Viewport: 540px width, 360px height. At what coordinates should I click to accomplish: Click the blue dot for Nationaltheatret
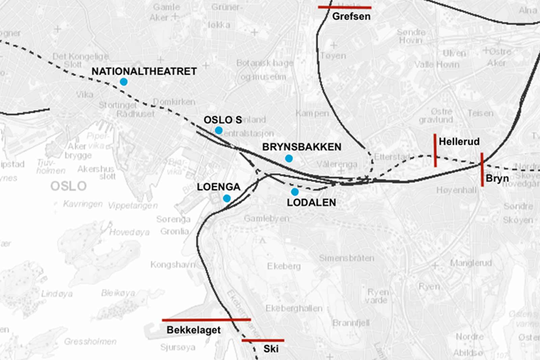[x=124, y=82]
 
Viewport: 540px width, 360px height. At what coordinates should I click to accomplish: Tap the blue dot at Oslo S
[x=219, y=130]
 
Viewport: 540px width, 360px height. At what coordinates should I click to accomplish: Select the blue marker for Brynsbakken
[x=289, y=158]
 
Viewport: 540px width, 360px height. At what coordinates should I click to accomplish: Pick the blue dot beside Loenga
[x=227, y=198]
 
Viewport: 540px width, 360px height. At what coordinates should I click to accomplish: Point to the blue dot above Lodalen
[x=295, y=192]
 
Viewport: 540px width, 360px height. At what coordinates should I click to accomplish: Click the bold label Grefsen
[x=351, y=16]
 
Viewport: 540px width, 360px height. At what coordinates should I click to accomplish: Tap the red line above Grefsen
[x=344, y=7]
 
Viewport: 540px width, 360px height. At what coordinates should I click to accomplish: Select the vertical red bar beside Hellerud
[x=435, y=150]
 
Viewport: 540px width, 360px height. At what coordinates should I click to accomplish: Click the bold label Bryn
[x=497, y=178]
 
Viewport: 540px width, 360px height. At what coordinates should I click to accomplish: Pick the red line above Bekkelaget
[x=206, y=320]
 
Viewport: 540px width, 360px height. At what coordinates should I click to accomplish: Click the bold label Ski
[x=271, y=349]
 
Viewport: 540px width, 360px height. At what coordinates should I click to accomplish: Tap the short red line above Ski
[x=263, y=340]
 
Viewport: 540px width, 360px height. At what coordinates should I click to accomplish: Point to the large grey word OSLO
[x=69, y=186]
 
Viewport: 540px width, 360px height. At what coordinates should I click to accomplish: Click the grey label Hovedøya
[x=129, y=232]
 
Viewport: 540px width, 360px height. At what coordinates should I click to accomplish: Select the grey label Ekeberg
[x=283, y=266]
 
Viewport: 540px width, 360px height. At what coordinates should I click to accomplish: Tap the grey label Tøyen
[x=333, y=56]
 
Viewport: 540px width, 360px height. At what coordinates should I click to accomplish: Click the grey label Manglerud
[x=471, y=263]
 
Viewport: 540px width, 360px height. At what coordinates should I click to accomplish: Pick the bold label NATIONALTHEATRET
[x=144, y=72]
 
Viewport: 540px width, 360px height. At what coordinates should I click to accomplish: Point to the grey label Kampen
[x=312, y=113]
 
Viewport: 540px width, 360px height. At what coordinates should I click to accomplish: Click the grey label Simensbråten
[x=347, y=258]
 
